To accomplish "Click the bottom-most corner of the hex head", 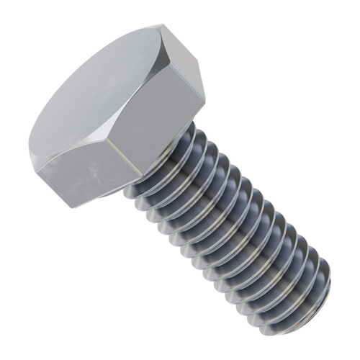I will click(x=73, y=208).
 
